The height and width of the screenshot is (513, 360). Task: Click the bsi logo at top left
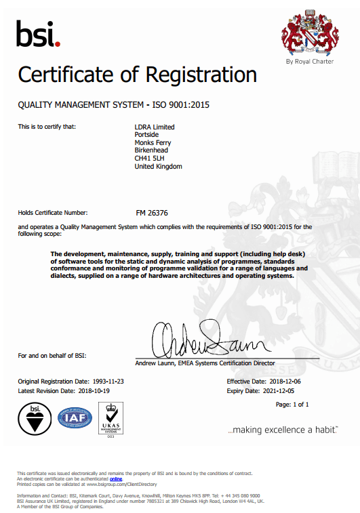pyautogui.click(x=38, y=34)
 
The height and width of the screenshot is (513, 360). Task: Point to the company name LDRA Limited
pyautogui.click(x=155, y=127)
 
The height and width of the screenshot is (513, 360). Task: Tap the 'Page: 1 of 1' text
pyautogui.click(x=292, y=405)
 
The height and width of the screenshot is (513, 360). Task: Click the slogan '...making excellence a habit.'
pyautogui.click(x=282, y=430)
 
